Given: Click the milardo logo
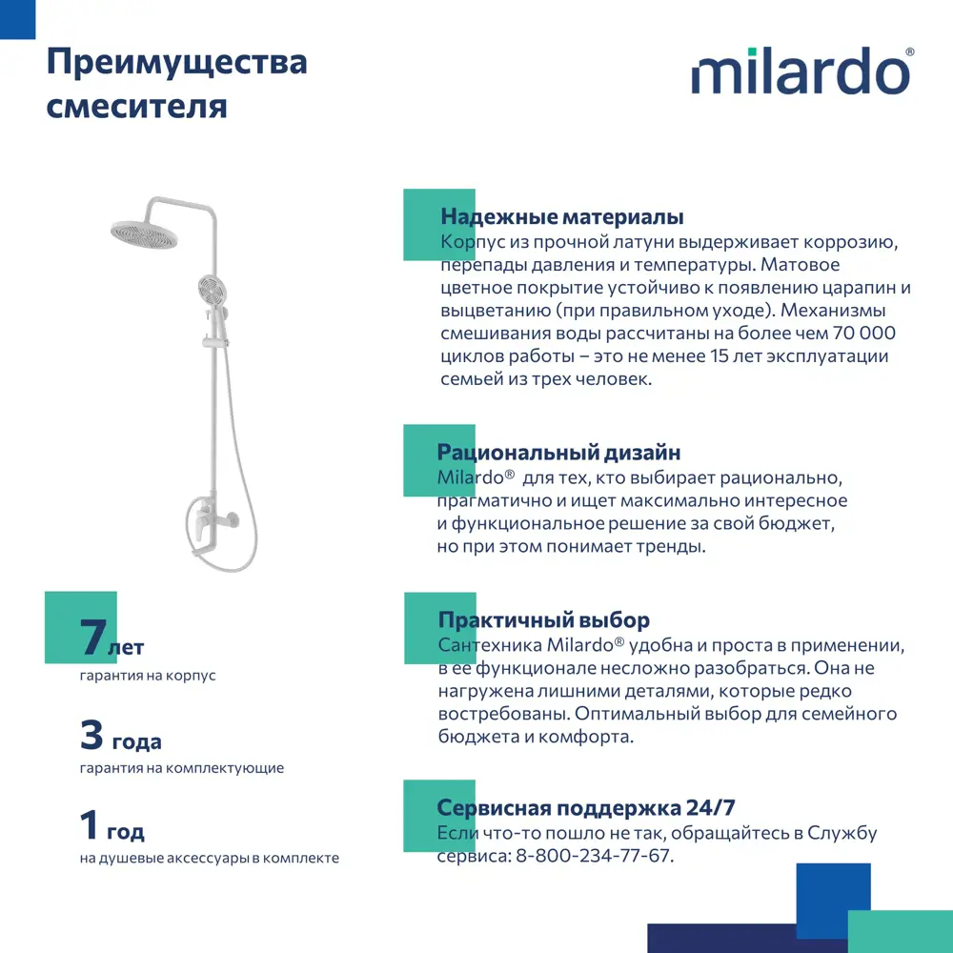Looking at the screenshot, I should tap(801, 72).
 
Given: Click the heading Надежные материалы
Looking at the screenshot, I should tap(562, 217).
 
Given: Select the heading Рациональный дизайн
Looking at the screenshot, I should tap(558, 453).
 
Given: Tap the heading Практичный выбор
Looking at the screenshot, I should tap(543, 621).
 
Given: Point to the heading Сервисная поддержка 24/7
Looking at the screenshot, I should tap(586, 808).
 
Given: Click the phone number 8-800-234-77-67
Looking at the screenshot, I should tap(593, 856).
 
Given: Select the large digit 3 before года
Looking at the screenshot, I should tap(91, 735).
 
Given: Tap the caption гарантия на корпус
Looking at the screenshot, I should tap(148, 676).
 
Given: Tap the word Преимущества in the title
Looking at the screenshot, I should tap(177, 64).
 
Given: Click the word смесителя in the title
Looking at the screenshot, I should tap(137, 105).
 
